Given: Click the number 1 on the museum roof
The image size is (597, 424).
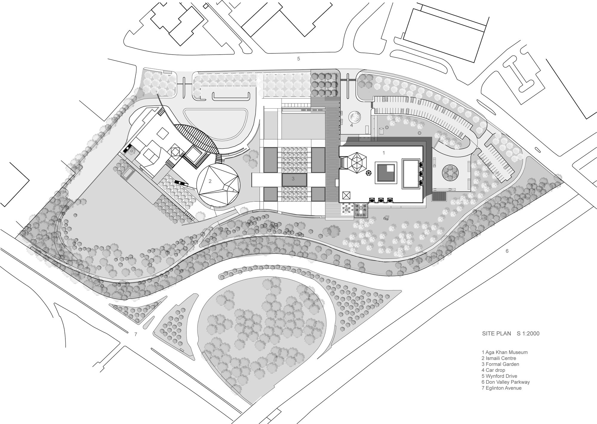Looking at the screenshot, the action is pyautogui.click(x=384, y=153).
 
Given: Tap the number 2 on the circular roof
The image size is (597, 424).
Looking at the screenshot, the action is pyautogui.click(x=210, y=181).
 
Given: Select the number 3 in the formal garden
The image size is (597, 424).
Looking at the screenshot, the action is pyautogui.click(x=293, y=179).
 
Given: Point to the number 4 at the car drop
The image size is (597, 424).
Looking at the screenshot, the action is pyautogui.click(x=352, y=125).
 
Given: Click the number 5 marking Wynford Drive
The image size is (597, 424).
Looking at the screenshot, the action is pyautogui.click(x=298, y=59).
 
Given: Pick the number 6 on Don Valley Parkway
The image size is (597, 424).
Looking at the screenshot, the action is pyautogui.click(x=507, y=251).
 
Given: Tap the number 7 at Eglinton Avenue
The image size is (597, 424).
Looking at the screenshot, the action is pyautogui.click(x=136, y=334).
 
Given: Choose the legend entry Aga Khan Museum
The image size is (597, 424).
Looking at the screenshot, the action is pyautogui.click(x=504, y=352).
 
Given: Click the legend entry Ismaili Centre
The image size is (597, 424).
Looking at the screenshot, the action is pyautogui.click(x=499, y=358).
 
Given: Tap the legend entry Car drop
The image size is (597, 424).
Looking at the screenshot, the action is pyautogui.click(x=493, y=370).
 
